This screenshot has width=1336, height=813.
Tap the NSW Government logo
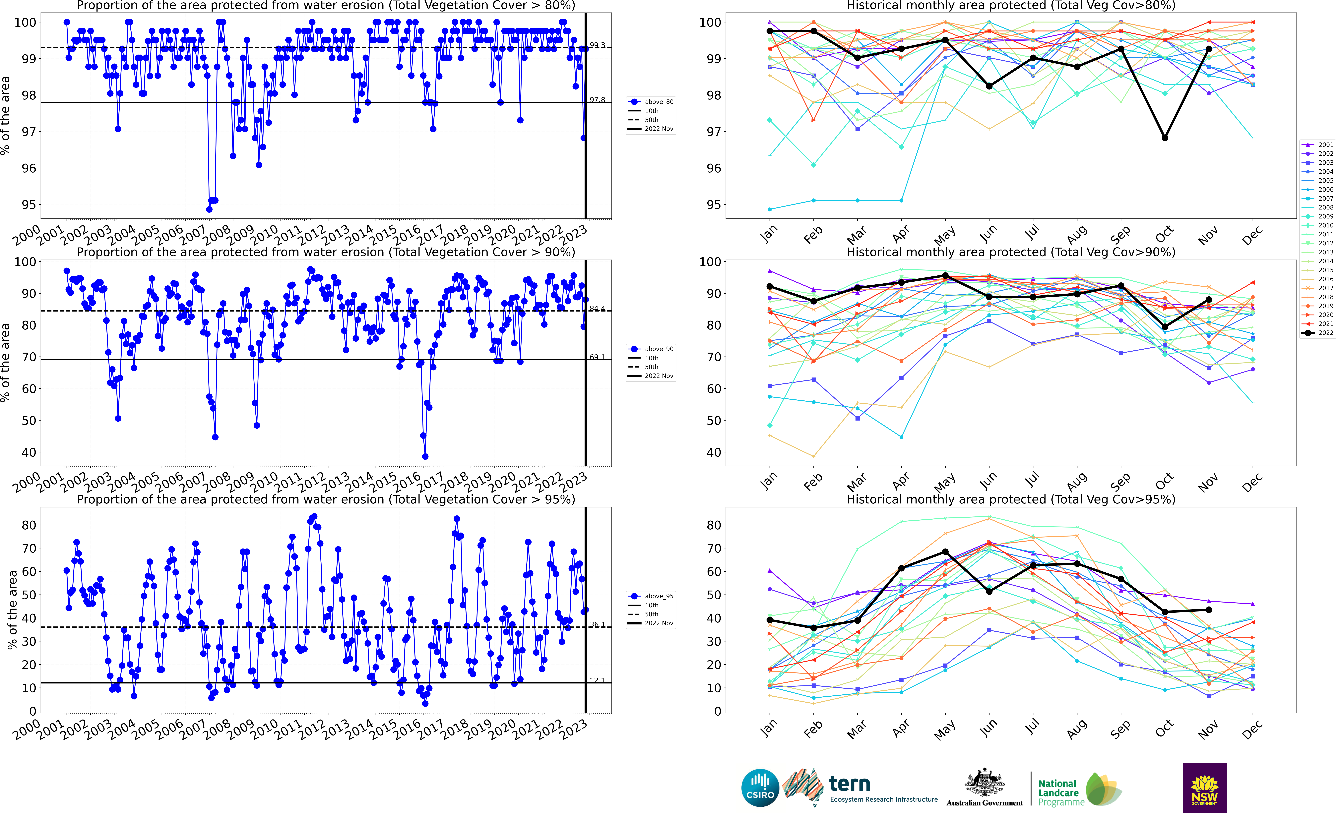1204,787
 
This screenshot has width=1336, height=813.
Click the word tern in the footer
850,784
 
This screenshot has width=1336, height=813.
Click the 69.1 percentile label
597,357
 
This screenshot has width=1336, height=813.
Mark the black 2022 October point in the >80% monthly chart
1165,138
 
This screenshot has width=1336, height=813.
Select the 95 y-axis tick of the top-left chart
29,205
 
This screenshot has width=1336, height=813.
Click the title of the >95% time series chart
326,499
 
